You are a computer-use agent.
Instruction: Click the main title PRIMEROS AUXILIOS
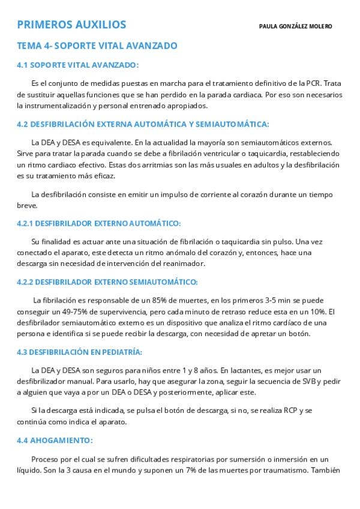[x=71, y=25]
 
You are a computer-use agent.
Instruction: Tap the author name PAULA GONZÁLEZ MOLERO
[x=295, y=26]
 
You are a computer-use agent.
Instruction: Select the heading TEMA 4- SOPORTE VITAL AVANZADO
[x=97, y=45]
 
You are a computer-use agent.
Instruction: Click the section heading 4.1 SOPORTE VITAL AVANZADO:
[x=77, y=65]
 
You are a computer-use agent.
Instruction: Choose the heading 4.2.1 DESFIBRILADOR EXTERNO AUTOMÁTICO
[x=98, y=223]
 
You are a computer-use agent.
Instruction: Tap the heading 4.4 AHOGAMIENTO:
[x=55, y=440]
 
